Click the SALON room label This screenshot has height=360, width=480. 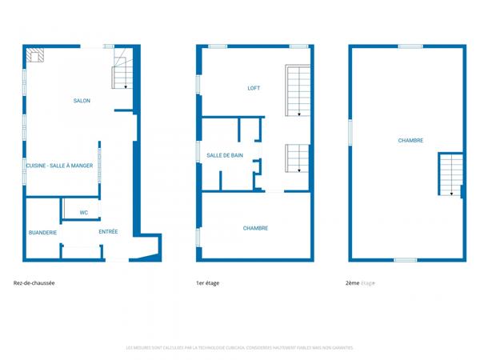click(82, 101)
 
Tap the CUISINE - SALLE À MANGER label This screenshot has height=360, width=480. click(60, 166)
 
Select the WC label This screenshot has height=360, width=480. click(83, 212)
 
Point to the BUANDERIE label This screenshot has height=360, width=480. click(42, 232)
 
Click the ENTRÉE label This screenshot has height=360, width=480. click(108, 232)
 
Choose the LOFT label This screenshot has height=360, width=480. click(254, 88)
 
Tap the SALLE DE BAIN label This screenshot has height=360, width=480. click(225, 155)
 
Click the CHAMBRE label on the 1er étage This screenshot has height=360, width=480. click(255, 228)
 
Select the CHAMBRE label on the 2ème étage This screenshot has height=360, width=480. click(410, 140)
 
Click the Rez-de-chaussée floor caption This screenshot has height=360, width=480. click(34, 283)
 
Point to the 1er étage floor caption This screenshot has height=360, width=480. click(207, 283)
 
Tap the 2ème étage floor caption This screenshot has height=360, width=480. click(360, 283)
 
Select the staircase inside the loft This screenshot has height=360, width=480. click(297, 91)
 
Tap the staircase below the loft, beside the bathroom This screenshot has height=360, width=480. click(296, 158)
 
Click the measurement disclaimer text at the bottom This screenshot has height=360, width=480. click(239, 348)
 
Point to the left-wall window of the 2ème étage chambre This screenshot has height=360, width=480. click(350, 132)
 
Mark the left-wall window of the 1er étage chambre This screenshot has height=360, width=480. click(198, 238)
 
